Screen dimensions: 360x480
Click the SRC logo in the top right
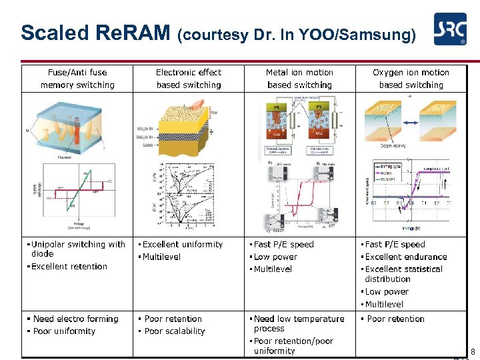click(450, 30)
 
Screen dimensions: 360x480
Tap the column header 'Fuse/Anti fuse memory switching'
click(77, 79)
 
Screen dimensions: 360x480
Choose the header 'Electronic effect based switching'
click(188, 79)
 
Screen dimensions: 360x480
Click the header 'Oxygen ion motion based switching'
click(411, 79)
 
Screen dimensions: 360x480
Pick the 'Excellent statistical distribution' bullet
click(403, 274)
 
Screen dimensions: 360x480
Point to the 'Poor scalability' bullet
click(174, 331)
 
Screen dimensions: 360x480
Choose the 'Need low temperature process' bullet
click(298, 323)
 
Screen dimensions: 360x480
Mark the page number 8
click(473, 351)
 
